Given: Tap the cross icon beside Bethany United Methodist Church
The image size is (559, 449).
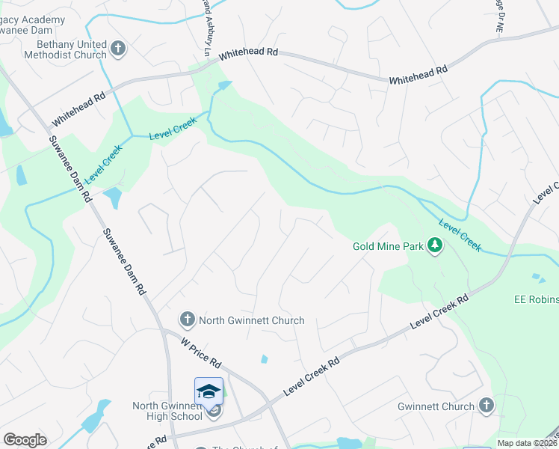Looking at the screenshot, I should [118, 49].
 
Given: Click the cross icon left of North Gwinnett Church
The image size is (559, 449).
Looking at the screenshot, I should [187, 320].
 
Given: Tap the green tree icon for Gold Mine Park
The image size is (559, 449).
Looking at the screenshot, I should [434, 245].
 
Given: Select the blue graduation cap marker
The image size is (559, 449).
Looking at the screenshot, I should [209, 391].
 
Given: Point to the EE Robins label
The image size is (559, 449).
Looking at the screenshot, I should [536, 299].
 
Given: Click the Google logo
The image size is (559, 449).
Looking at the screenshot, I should [25, 440].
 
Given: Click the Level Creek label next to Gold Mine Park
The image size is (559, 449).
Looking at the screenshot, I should [460, 233].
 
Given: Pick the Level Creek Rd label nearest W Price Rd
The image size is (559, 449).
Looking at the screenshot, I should [311, 377].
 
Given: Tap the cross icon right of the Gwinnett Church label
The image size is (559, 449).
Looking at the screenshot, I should [487, 406].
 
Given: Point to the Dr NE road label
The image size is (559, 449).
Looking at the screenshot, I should [498, 15].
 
